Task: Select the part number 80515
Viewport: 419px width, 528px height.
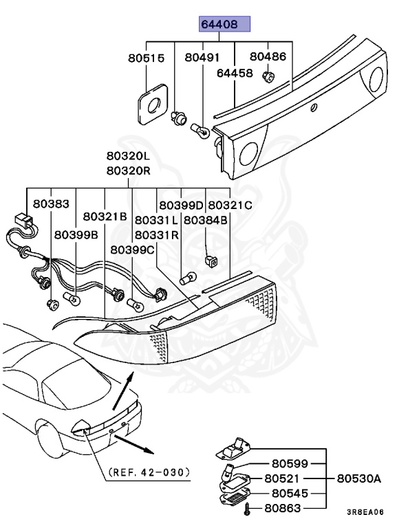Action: (x=146, y=58)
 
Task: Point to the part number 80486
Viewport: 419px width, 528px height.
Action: (x=268, y=57)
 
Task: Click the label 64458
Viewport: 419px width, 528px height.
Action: (x=235, y=72)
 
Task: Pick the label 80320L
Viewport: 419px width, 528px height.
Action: (x=128, y=156)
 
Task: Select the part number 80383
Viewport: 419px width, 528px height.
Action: (x=51, y=204)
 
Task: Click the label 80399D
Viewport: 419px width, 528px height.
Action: (x=181, y=204)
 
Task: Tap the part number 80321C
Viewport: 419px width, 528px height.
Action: (x=230, y=204)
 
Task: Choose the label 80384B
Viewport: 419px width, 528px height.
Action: (x=205, y=220)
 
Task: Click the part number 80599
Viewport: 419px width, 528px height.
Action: (x=289, y=463)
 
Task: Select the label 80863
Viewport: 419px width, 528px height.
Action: (x=289, y=509)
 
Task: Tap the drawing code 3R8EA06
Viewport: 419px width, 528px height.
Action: (x=365, y=512)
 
